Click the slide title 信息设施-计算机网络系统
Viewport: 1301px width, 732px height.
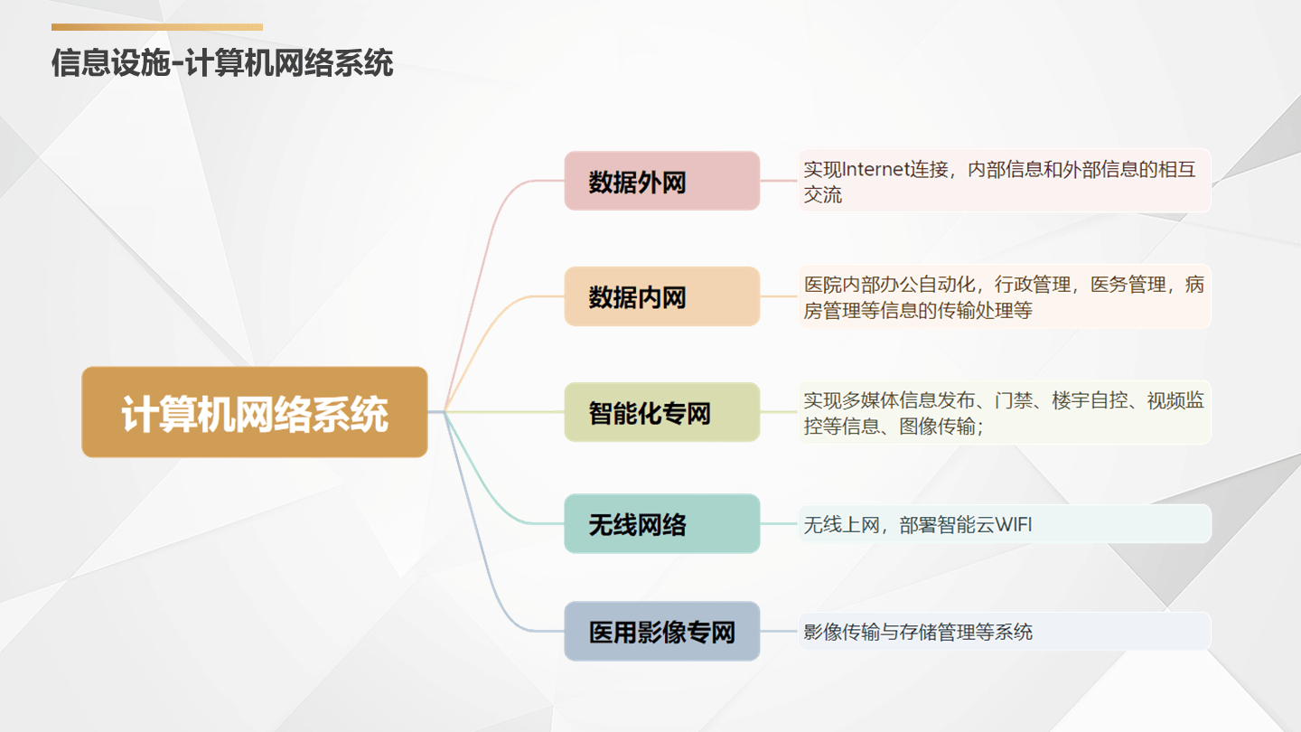(222, 62)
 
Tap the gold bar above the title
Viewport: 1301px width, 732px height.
(157, 27)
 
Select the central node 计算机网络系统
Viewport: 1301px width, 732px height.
(255, 412)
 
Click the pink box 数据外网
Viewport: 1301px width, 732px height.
(662, 181)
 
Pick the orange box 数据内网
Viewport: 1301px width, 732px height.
(662, 296)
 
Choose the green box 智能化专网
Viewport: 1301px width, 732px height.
(662, 412)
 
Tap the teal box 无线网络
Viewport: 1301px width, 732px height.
(662, 523)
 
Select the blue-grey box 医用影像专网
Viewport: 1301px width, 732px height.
(662, 631)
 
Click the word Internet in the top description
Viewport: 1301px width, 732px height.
(875, 169)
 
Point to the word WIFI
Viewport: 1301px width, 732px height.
(1014, 524)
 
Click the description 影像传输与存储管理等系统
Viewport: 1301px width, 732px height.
(918, 632)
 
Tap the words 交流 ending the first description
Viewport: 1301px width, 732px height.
(822, 194)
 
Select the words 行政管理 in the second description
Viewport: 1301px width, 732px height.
(1032, 285)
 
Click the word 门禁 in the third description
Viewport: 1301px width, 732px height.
(1013, 400)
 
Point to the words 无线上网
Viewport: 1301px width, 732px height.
(842, 524)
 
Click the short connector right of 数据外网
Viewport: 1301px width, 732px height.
(779, 181)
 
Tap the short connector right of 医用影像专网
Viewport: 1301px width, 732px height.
(779, 631)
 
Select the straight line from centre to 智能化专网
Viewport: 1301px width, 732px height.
(504, 412)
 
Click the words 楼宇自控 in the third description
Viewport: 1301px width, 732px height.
(1089, 400)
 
